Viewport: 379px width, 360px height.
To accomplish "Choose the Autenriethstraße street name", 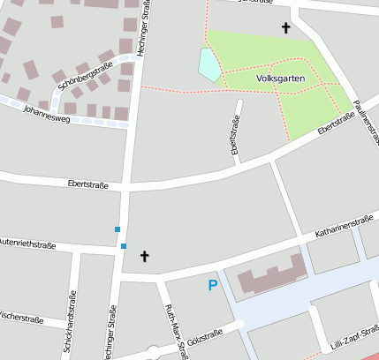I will tap(27, 242).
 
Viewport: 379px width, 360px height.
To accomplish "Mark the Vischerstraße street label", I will tap(20, 314).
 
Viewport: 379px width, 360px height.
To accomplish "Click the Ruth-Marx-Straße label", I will tap(177, 330).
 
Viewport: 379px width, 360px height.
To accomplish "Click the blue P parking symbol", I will tap(212, 285).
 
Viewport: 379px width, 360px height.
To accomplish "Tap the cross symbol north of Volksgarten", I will tap(285, 28).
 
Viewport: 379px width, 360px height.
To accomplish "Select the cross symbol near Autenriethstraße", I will tap(145, 256).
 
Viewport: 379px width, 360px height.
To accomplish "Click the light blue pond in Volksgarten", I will tap(209, 64).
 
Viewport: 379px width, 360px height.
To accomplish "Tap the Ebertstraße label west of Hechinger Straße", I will tap(87, 184).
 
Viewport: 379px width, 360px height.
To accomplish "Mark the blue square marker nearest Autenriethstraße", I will tap(124, 245).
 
